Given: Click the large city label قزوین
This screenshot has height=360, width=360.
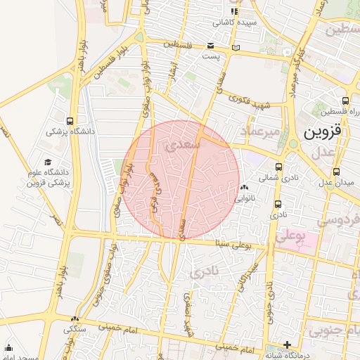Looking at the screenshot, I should [x=323, y=131].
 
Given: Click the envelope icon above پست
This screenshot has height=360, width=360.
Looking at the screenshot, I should [x=210, y=46].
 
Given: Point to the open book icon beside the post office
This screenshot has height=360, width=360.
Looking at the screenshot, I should [x=236, y=47].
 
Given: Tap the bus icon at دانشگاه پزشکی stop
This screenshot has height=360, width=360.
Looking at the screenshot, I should [x=69, y=120].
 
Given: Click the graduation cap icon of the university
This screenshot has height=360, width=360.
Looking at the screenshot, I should [x=48, y=162].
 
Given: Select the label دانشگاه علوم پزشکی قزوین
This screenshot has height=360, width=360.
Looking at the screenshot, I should [x=46, y=177].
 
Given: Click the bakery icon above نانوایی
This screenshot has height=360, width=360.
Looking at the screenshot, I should [x=244, y=188].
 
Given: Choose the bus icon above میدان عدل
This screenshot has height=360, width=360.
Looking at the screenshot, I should [x=336, y=171].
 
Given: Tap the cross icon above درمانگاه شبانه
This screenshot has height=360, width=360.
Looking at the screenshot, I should [x=287, y=345].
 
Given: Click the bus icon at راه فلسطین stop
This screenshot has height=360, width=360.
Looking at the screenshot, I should [x=345, y=101].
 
